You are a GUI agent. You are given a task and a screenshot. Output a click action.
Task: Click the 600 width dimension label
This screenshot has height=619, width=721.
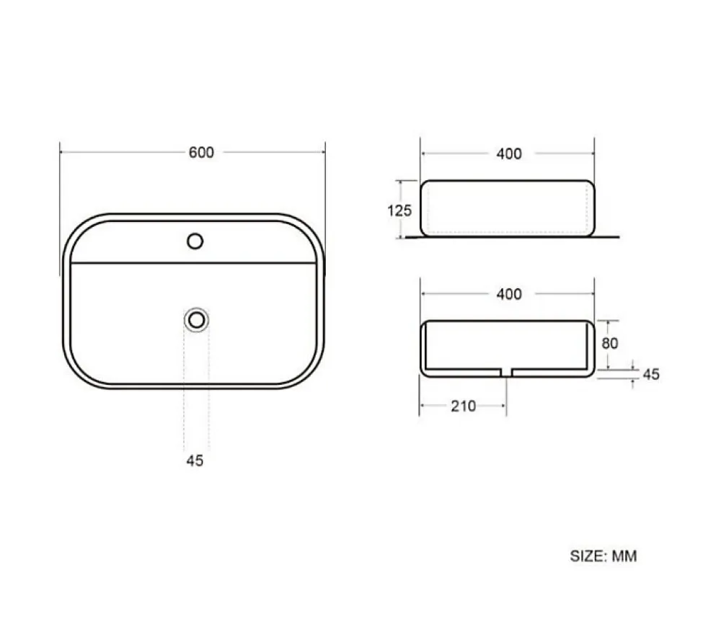click(x=201, y=152)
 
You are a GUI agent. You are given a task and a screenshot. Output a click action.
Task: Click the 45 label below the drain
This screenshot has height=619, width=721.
click(x=195, y=460)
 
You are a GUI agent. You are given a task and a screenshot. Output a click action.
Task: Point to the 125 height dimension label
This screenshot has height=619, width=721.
click(x=399, y=210)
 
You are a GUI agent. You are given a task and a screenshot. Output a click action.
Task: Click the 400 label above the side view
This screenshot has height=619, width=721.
click(x=509, y=153)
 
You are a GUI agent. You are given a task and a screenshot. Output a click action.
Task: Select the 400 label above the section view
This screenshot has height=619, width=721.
click(x=509, y=294)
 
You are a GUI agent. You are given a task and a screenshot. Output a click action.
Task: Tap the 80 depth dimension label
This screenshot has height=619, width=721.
click(x=610, y=343)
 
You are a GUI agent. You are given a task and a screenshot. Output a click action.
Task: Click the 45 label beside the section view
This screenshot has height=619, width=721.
click(x=651, y=374)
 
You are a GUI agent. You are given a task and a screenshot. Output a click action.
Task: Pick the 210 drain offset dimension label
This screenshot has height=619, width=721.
click(x=463, y=406)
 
